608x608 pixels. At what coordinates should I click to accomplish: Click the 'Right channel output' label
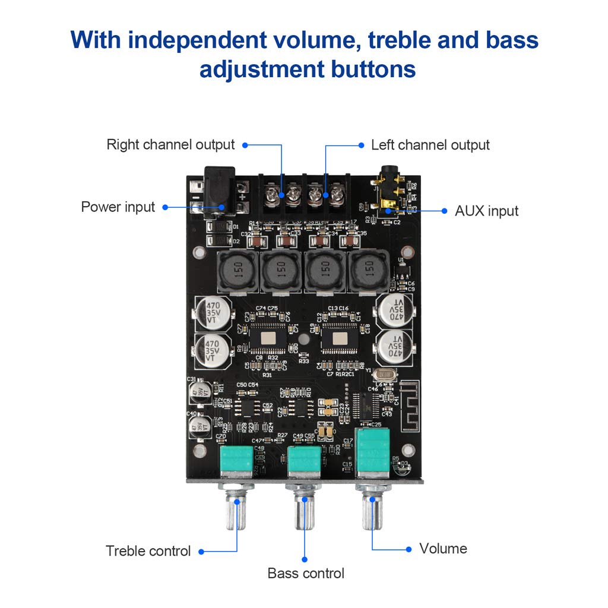(x=170, y=144)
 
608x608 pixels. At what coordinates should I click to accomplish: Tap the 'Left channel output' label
(x=430, y=145)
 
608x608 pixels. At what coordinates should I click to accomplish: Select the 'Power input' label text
(x=118, y=207)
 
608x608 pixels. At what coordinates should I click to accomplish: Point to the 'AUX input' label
(x=486, y=211)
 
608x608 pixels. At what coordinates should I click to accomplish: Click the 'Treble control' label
(x=148, y=551)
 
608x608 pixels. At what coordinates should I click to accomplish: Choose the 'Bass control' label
(x=306, y=573)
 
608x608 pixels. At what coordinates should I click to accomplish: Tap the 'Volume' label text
(x=443, y=548)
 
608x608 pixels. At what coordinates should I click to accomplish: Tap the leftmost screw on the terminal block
(x=273, y=194)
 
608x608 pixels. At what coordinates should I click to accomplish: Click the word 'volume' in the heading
(x=312, y=40)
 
